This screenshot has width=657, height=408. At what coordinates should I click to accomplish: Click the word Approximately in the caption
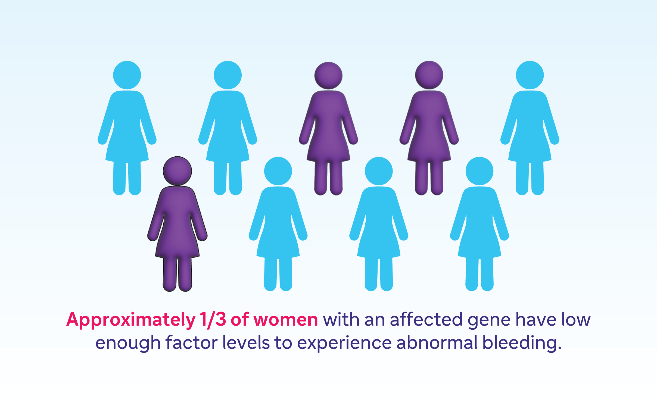[131, 320]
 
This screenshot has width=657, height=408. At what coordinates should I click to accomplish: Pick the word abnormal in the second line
[437, 343]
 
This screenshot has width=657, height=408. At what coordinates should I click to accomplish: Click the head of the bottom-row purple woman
[177, 171]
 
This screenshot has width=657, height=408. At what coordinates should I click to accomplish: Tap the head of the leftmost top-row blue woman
[127, 75]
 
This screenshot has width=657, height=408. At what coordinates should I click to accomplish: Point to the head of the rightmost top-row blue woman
[530, 75]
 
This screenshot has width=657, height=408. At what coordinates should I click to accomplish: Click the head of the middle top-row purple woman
[328, 76]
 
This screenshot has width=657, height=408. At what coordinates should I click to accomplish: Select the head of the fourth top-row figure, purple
[429, 75]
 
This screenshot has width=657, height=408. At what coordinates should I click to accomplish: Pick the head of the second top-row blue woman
[228, 75]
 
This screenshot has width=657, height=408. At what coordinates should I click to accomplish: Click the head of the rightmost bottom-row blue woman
[479, 171]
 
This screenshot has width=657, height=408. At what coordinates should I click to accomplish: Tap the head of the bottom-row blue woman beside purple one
[278, 171]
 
